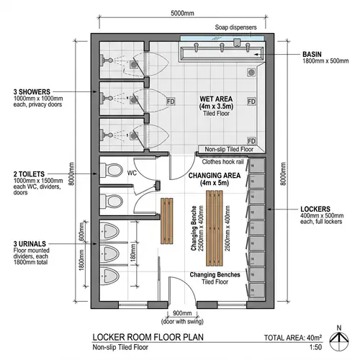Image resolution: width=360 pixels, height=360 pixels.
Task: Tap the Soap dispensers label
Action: [x=235, y=29]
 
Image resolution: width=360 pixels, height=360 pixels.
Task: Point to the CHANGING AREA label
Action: [x=213, y=174]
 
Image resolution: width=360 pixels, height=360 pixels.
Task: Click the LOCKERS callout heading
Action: [x=316, y=210]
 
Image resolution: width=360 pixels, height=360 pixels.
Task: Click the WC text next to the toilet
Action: [x=132, y=173]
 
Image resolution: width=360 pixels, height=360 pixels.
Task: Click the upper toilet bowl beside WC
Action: [x=113, y=171]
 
